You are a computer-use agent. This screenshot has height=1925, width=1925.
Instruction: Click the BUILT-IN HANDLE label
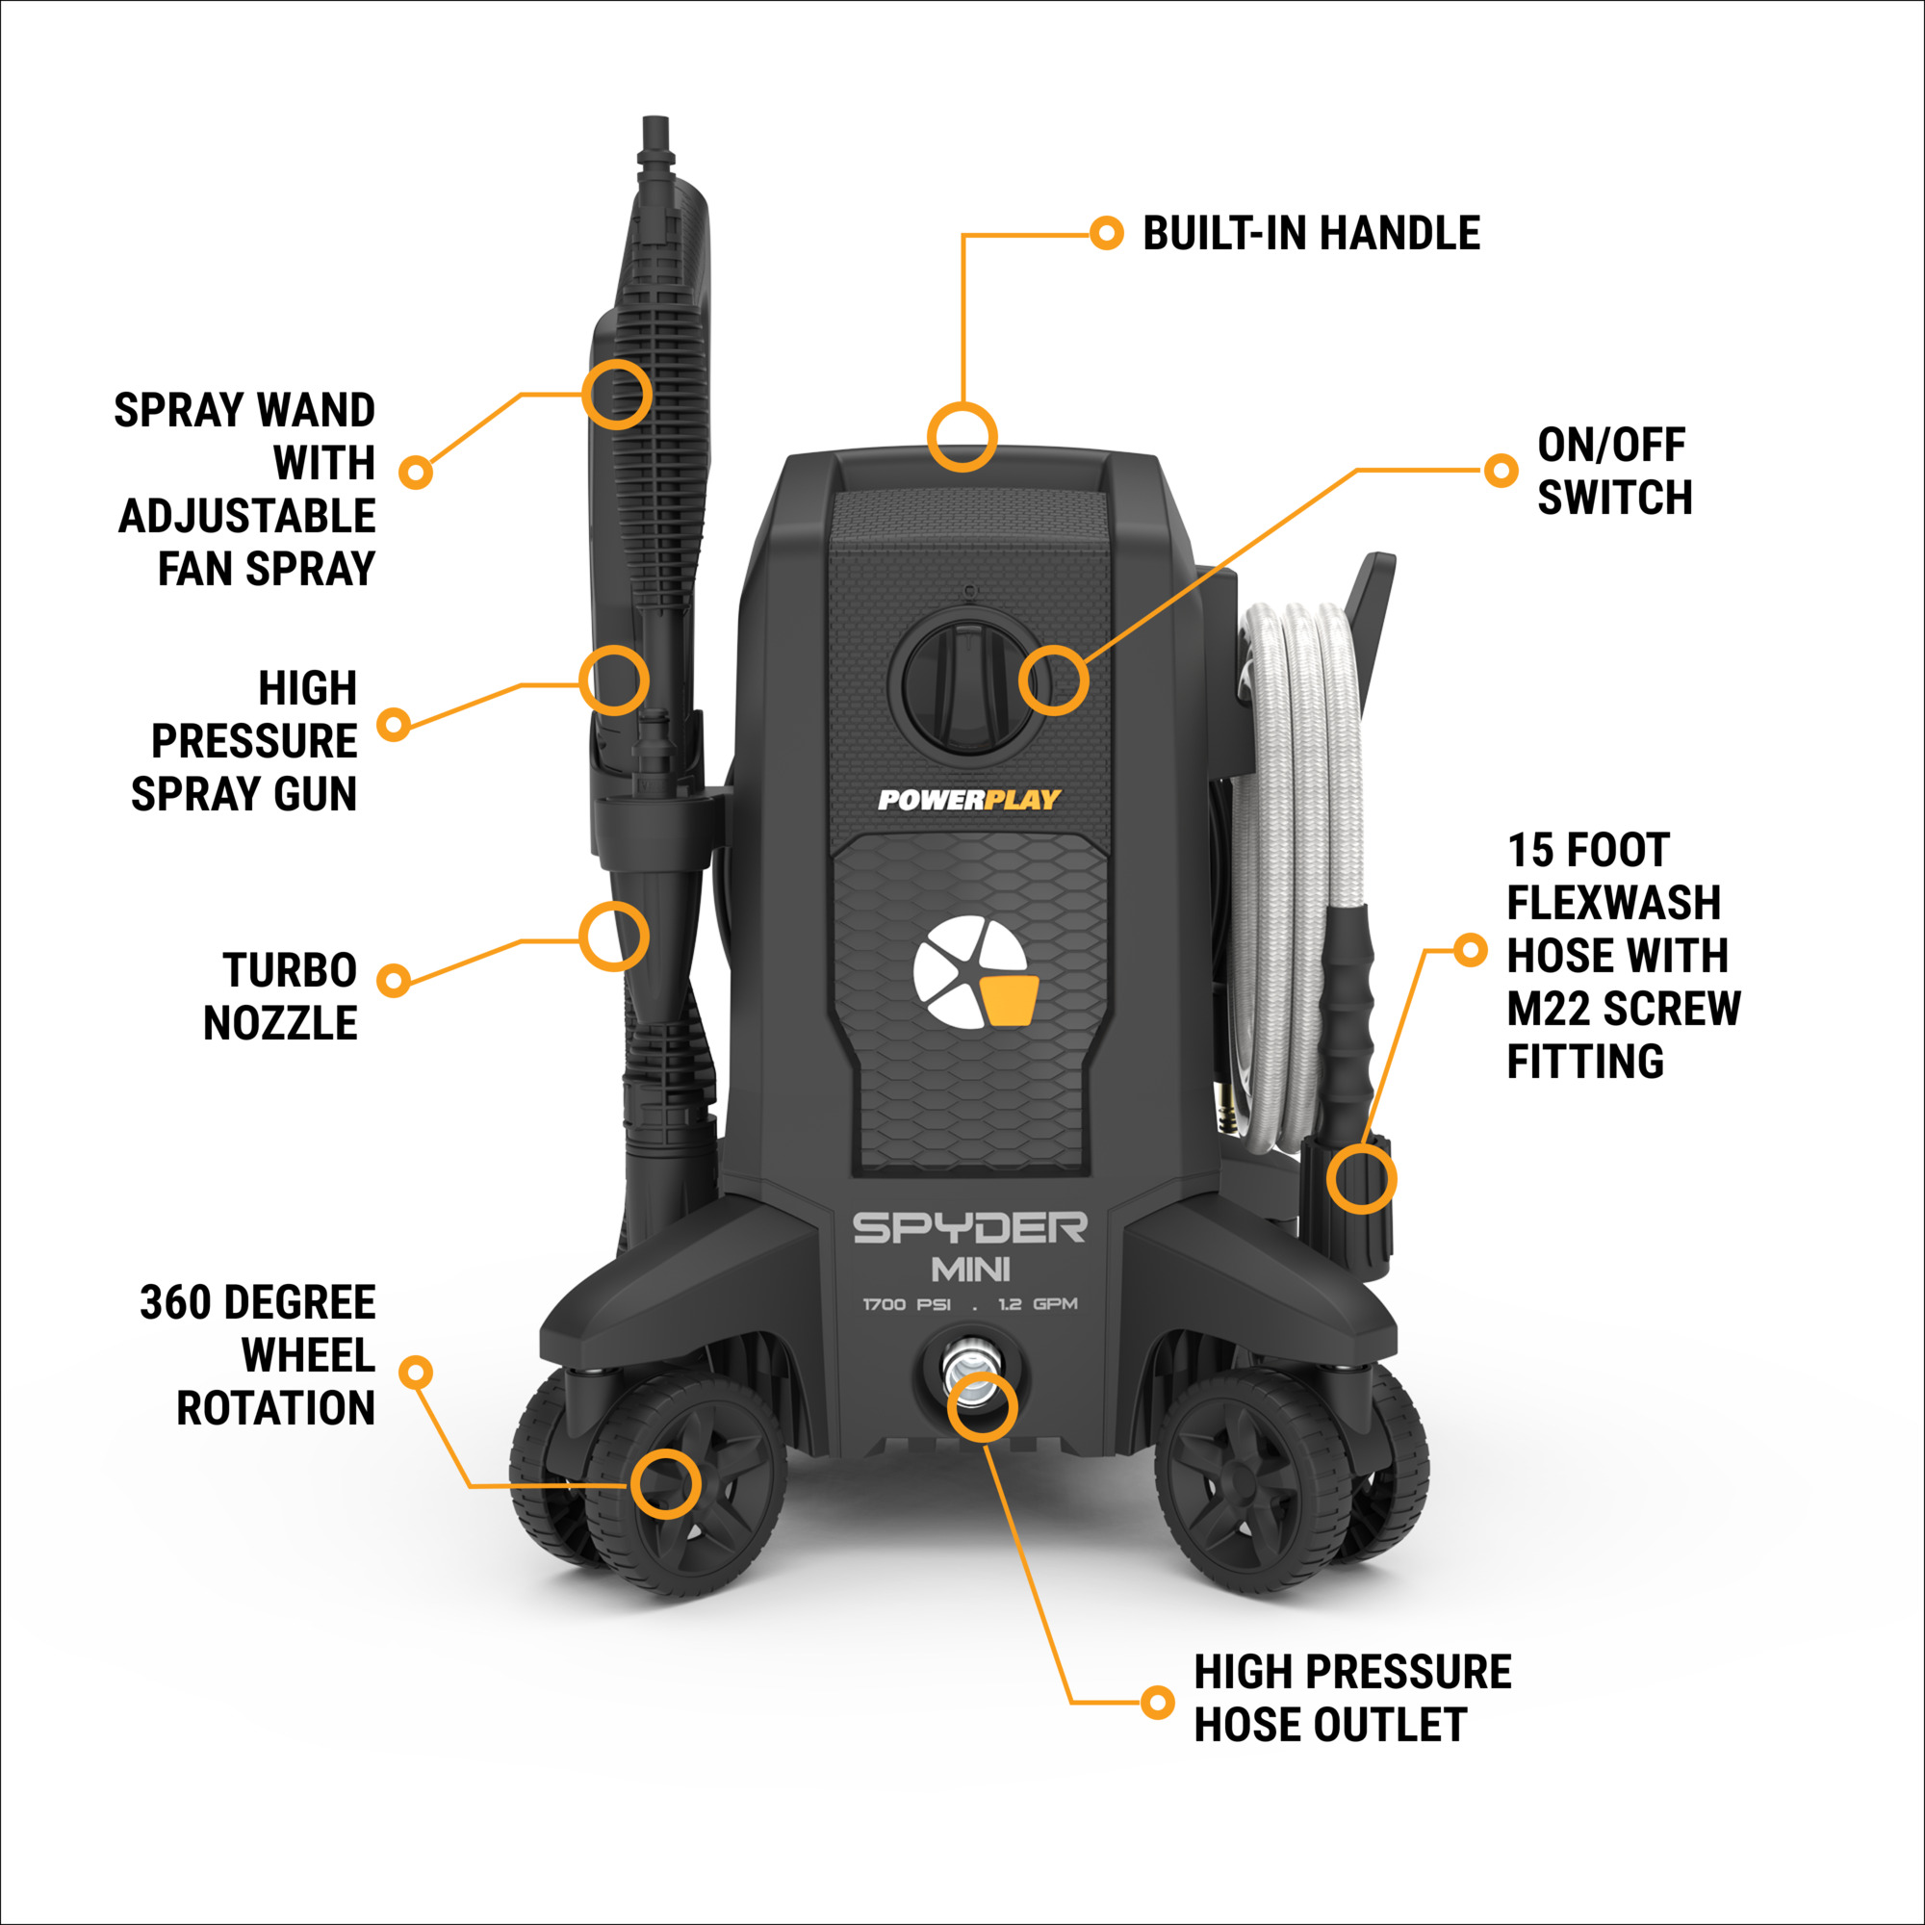1310,233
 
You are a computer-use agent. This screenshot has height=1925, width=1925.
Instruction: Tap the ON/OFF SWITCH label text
1614,472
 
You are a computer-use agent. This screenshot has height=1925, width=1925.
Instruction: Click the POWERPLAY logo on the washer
968,799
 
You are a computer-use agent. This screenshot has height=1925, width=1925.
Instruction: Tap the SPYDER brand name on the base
969,1228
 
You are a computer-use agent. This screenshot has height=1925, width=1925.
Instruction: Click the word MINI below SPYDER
970,1270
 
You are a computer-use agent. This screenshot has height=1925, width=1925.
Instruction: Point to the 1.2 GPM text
1039,1304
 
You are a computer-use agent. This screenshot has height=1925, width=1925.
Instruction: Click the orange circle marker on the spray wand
617,395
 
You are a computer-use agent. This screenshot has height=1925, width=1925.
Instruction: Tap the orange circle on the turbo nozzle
615,937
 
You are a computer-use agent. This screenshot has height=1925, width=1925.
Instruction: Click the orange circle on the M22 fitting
1361,1179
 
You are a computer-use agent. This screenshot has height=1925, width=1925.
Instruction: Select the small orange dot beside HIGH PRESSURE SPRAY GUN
395,725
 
